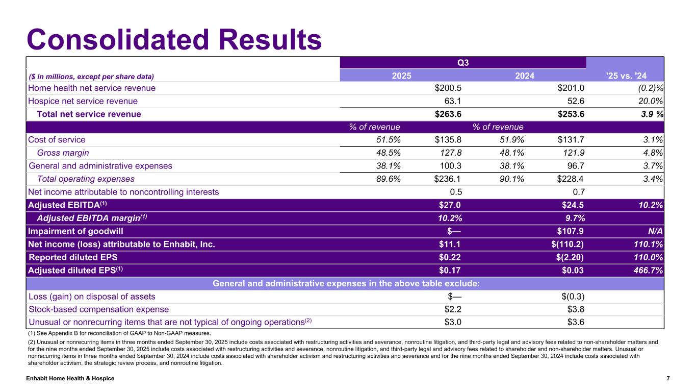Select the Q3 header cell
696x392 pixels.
[x=463, y=63]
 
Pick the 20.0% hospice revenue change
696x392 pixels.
[x=649, y=101]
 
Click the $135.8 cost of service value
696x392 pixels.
[x=445, y=140]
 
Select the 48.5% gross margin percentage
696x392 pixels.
[x=386, y=153]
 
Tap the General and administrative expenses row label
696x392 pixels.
[x=100, y=166]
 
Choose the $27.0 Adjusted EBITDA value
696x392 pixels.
[x=450, y=205]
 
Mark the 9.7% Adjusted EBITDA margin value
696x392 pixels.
[x=573, y=218]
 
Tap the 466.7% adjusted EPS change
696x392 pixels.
[x=646, y=270]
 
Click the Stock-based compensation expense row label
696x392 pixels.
[x=98, y=309]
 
